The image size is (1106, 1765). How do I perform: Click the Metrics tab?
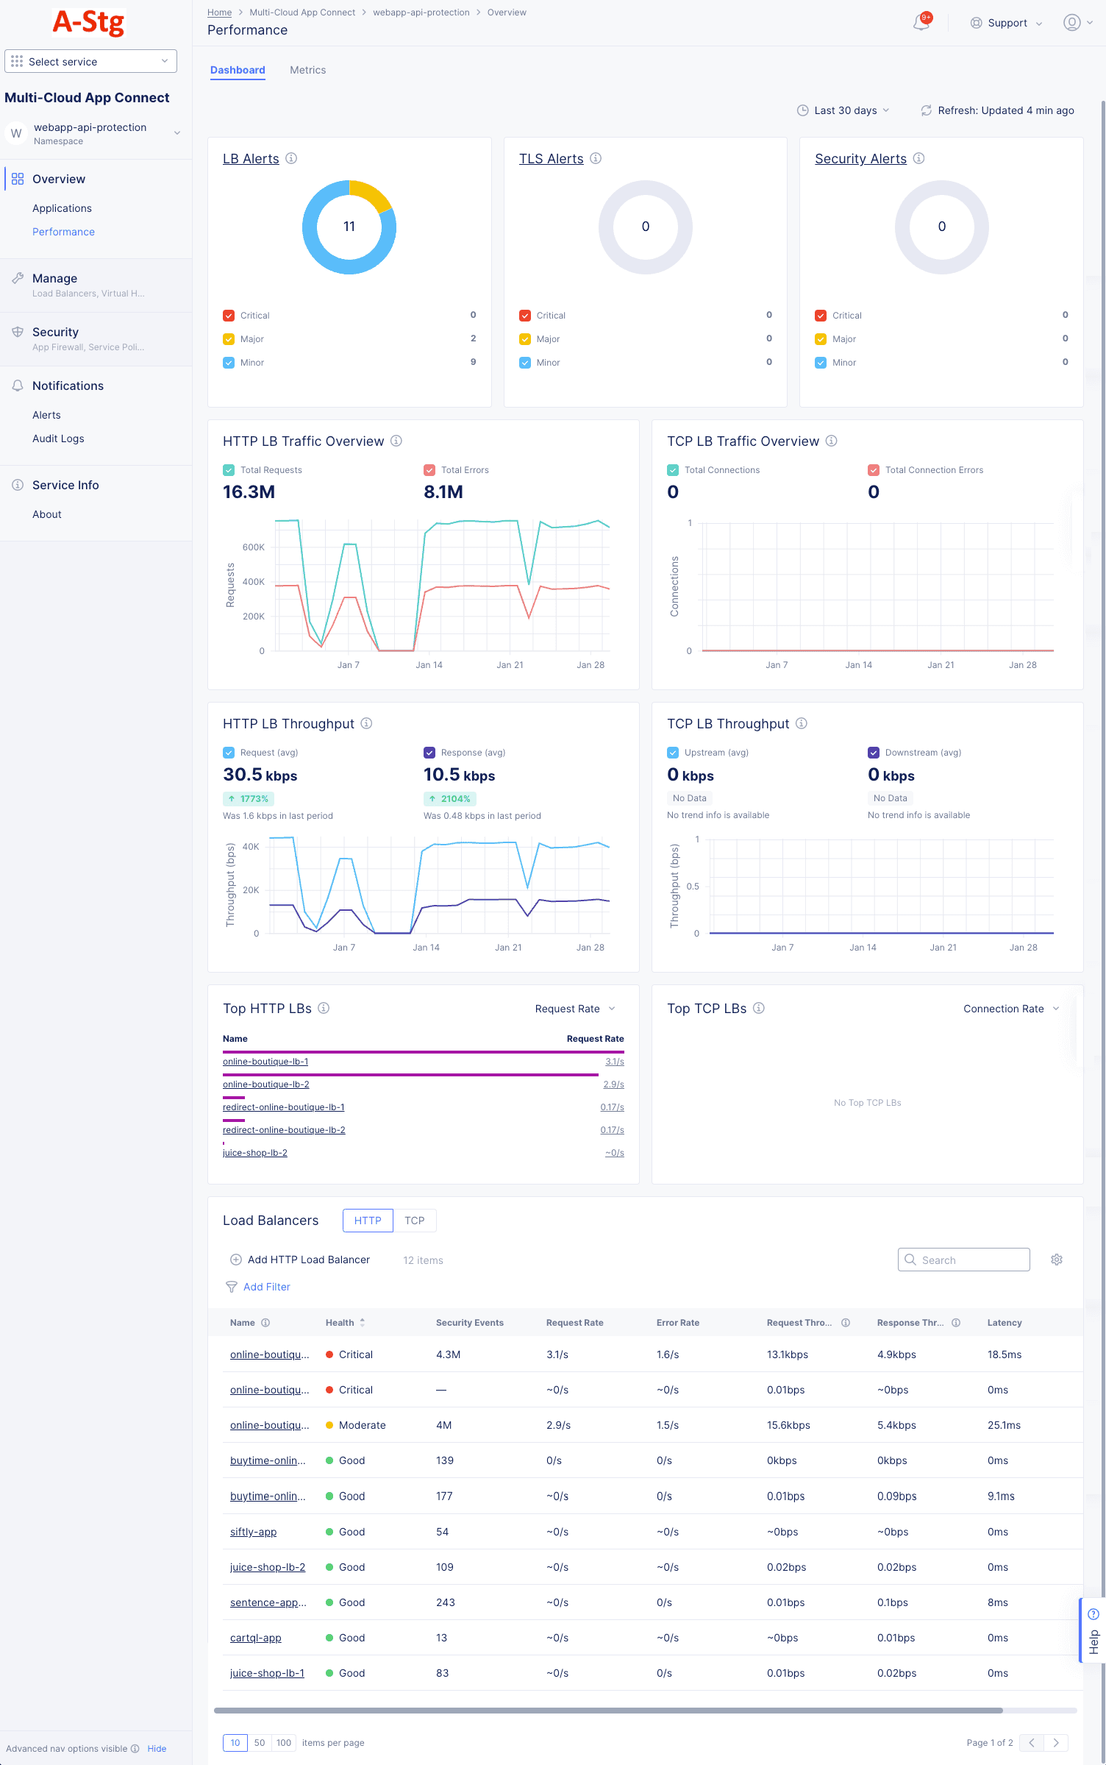pyautogui.click(x=307, y=70)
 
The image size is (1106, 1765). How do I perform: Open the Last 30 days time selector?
pyautogui.click(x=843, y=110)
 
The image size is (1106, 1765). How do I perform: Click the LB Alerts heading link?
pyautogui.click(x=251, y=159)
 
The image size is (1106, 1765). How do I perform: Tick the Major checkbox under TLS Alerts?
pyautogui.click(x=525, y=339)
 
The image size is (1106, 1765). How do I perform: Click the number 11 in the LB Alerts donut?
pyautogui.click(x=349, y=227)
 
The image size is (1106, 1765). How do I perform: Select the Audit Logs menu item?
pyautogui.click(x=58, y=438)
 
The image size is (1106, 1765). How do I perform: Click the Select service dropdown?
pyautogui.click(x=90, y=62)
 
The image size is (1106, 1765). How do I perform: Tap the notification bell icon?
pyautogui.click(x=921, y=23)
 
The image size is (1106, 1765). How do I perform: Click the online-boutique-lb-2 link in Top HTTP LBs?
pyautogui.click(x=266, y=1084)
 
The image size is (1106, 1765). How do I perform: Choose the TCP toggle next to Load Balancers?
pyautogui.click(x=414, y=1221)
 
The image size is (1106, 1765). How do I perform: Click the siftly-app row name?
pyautogui.click(x=253, y=1532)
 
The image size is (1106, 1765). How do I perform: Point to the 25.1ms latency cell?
pyautogui.click(x=1004, y=1425)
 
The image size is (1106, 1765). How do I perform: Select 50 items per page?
pyautogui.click(x=260, y=1743)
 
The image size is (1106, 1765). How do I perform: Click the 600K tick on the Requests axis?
pyautogui.click(x=254, y=547)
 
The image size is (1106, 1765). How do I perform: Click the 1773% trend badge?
pyautogui.click(x=249, y=799)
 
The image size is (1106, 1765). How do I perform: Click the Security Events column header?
pyautogui.click(x=469, y=1323)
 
